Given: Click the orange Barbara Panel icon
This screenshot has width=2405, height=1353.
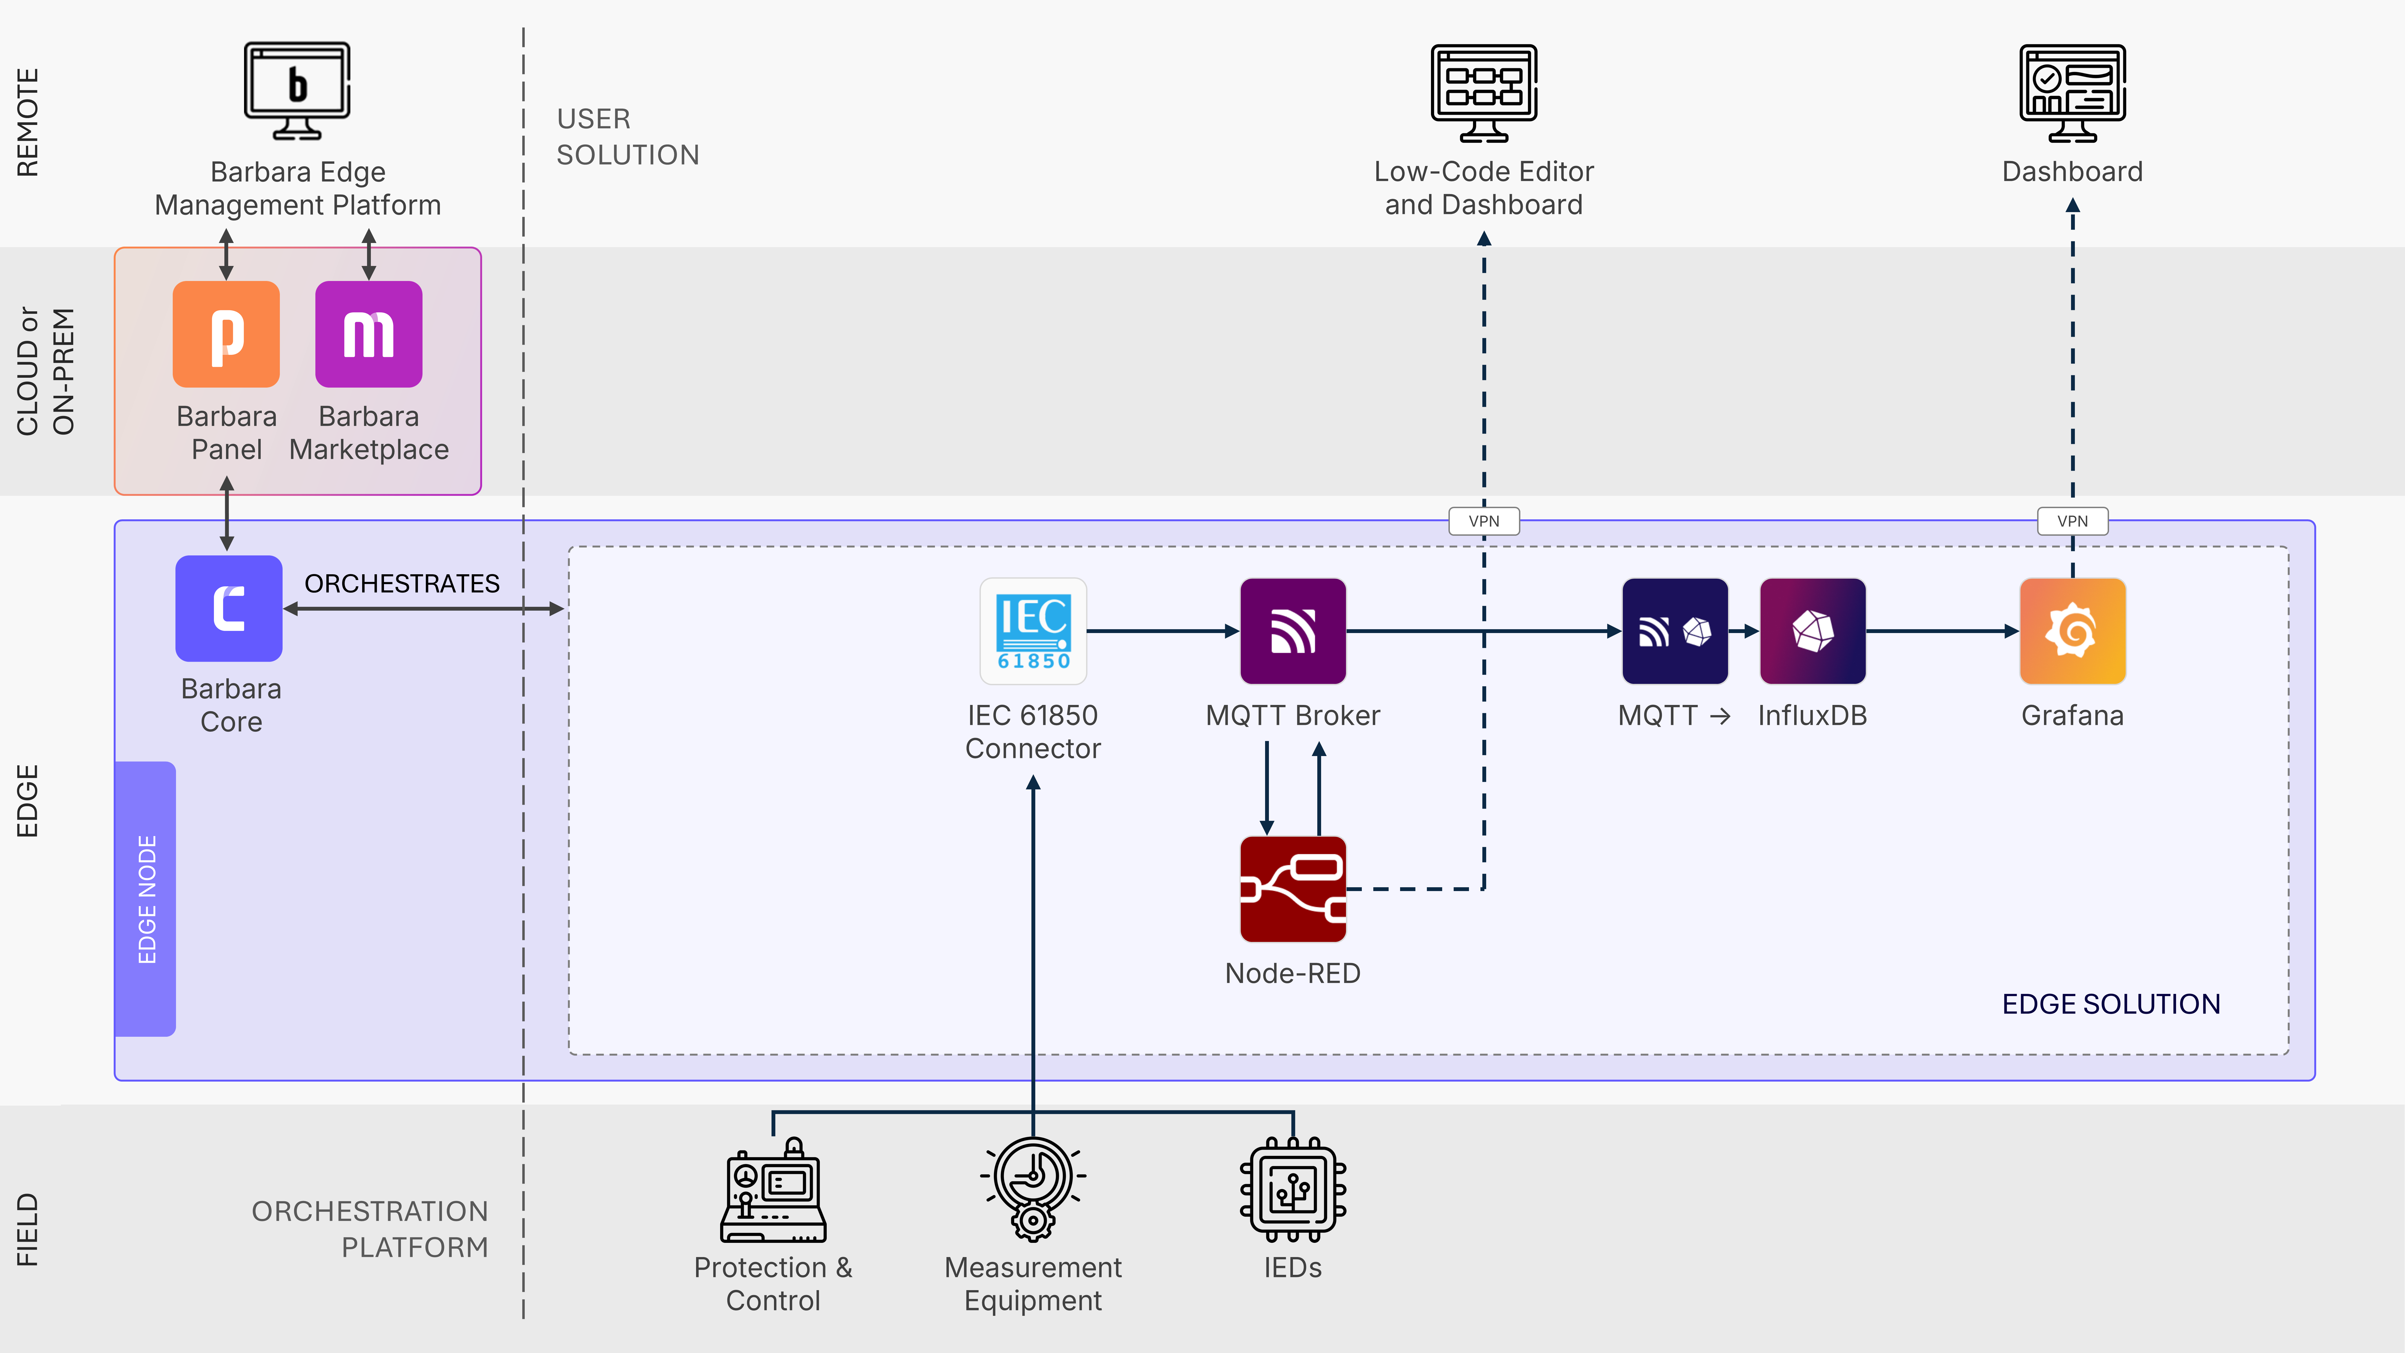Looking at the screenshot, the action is click(226, 334).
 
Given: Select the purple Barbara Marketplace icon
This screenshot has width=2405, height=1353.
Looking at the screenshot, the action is click(369, 334).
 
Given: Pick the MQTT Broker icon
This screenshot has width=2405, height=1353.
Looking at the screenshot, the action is click(1293, 631).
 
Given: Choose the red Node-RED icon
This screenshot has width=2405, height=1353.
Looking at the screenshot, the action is click(1293, 889).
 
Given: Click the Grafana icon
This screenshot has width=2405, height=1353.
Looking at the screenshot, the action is click(2073, 631).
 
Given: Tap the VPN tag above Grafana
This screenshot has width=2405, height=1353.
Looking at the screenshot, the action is click(2073, 521).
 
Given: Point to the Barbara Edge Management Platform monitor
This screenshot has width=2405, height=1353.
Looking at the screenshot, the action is click(297, 90).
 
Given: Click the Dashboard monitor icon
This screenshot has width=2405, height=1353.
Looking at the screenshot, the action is click(2073, 92).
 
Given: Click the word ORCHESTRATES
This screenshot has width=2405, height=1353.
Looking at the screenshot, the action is click(402, 584).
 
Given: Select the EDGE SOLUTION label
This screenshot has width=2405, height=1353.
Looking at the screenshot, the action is click(2111, 1004).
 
